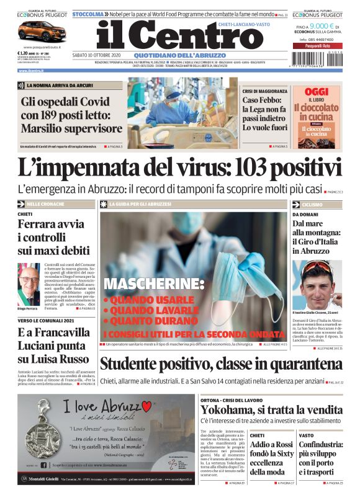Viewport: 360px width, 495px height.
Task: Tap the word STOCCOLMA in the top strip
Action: (x=88, y=14)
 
